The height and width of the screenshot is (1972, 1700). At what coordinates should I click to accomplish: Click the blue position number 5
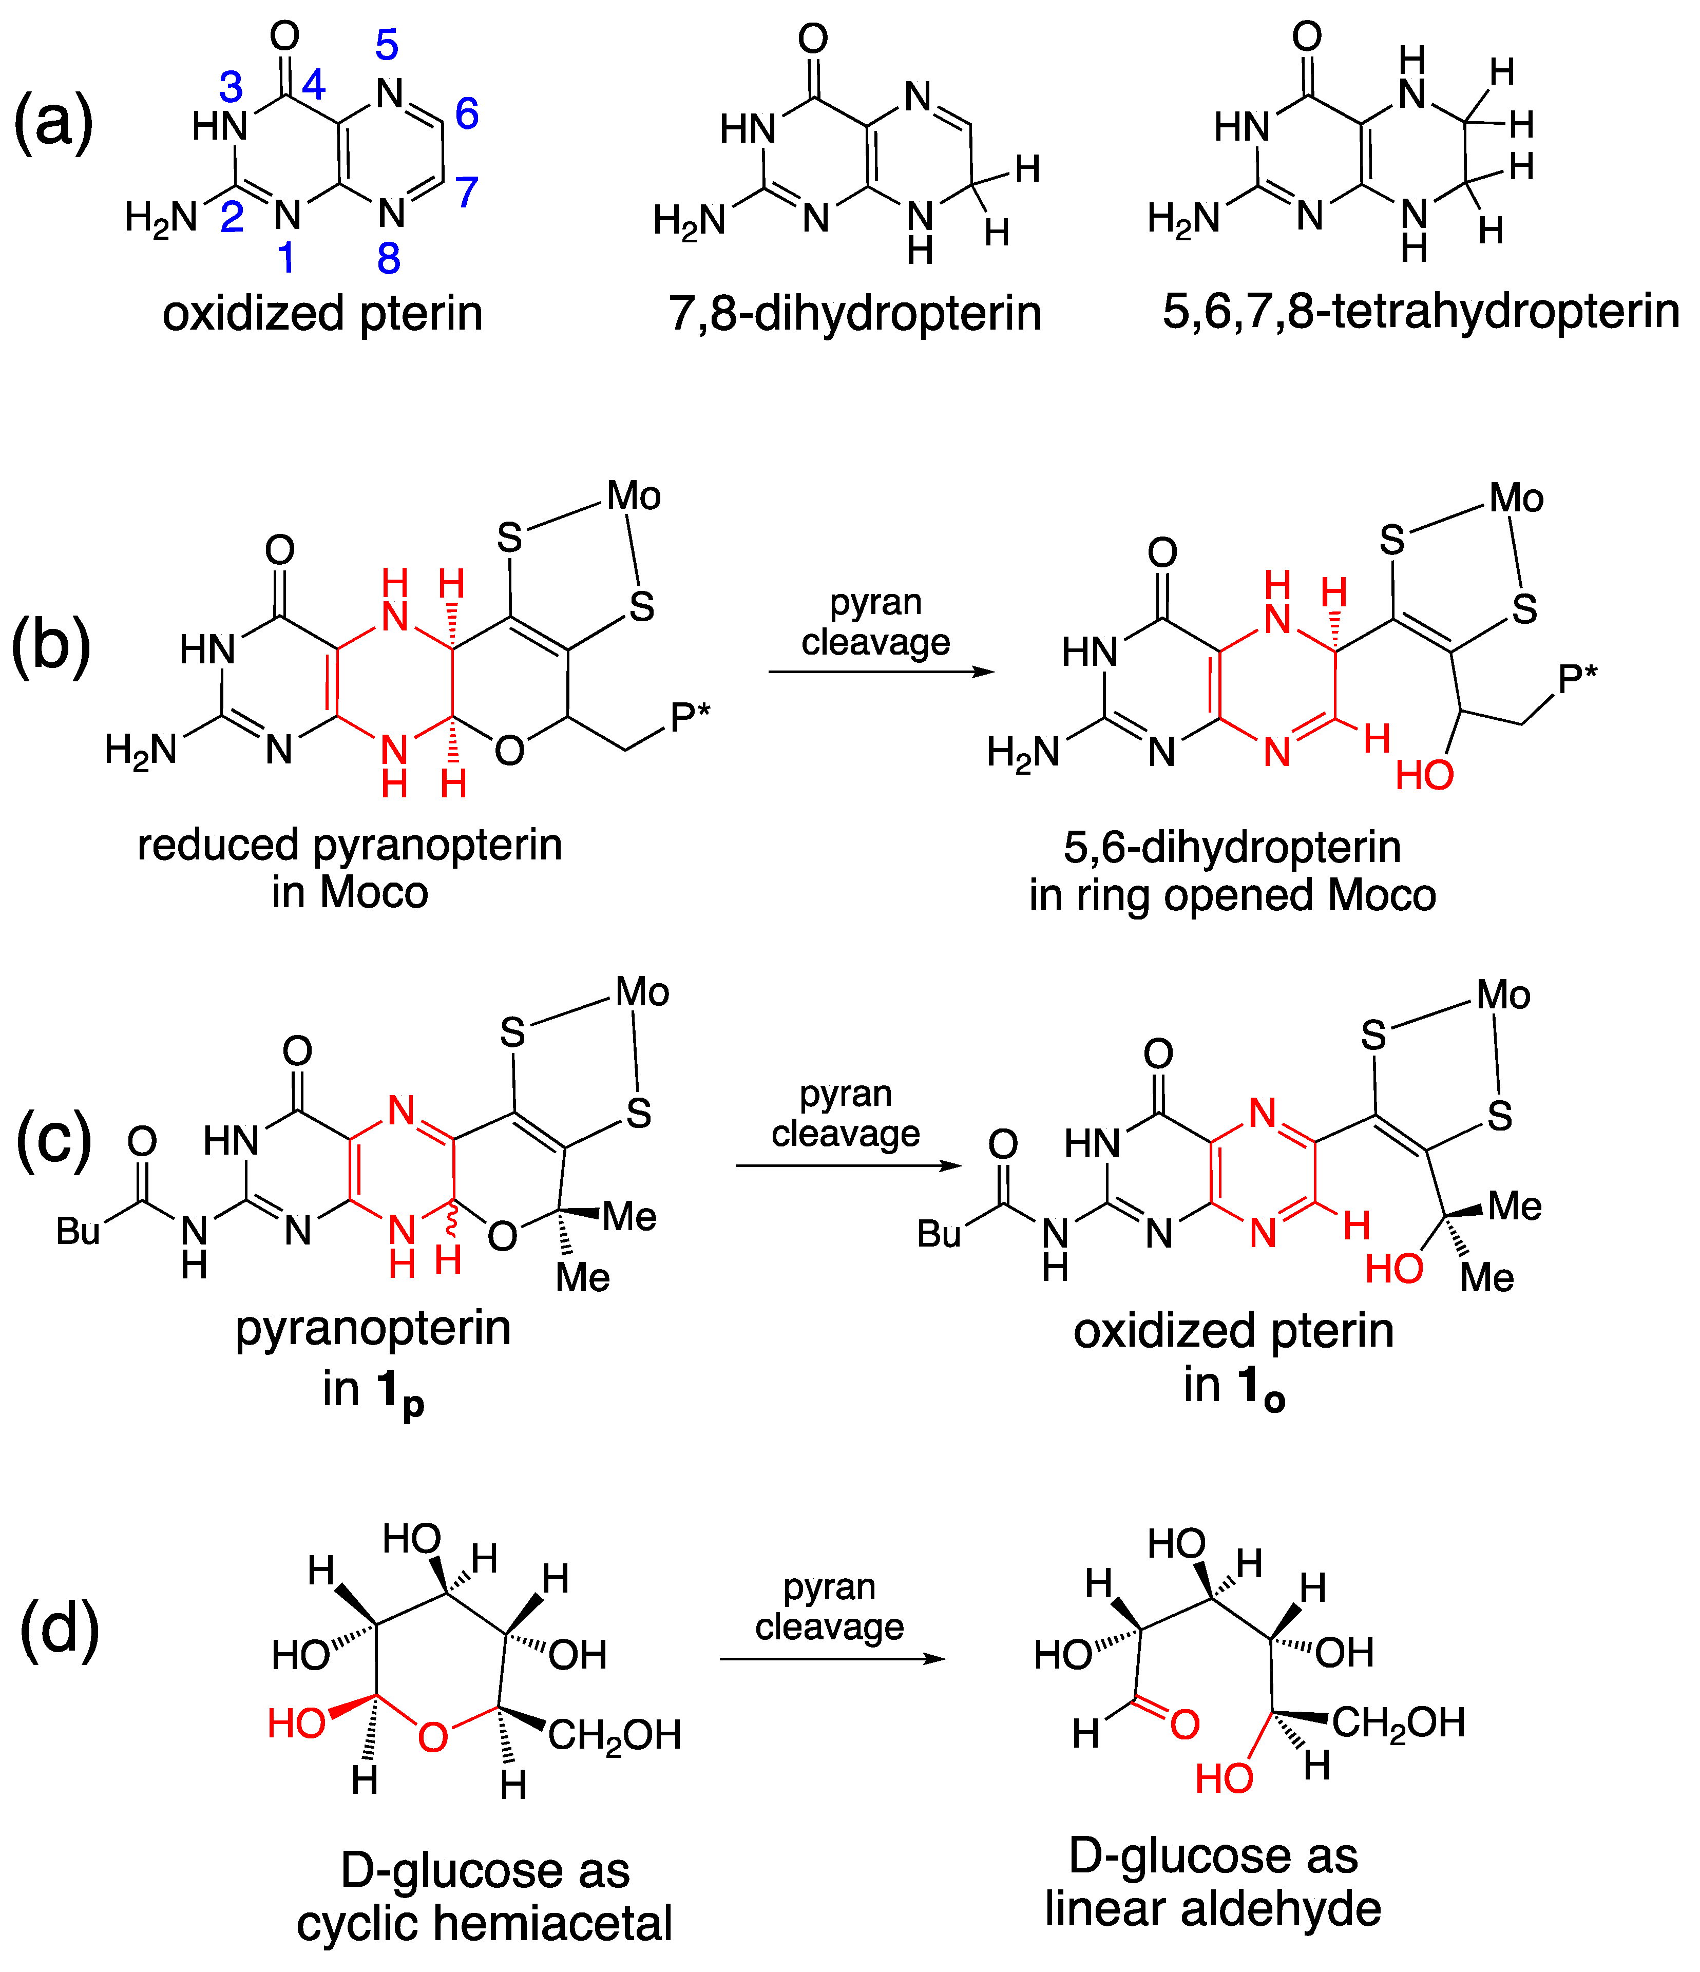(387, 45)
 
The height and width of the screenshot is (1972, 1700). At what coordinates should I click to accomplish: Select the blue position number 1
(285, 257)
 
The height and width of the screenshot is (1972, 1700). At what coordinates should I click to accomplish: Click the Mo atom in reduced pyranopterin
(634, 496)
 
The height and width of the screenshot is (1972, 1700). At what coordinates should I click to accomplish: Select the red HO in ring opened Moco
(1424, 776)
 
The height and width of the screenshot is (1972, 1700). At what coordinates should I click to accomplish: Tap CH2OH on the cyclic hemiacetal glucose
(614, 1735)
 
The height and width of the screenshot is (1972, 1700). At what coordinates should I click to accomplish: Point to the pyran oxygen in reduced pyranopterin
(509, 751)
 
